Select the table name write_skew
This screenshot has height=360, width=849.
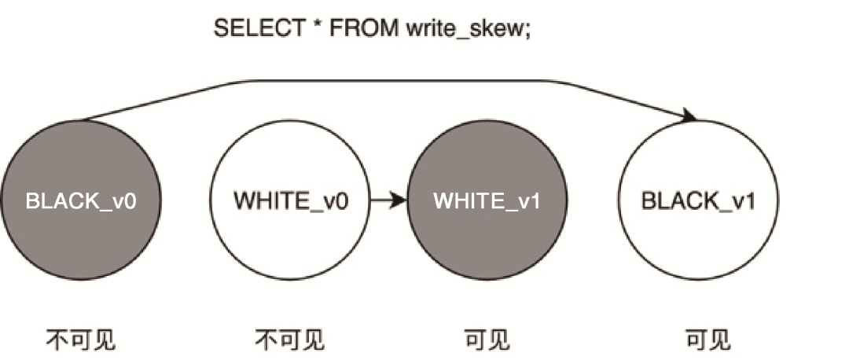click(463, 29)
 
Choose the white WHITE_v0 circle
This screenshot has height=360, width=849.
click(290, 236)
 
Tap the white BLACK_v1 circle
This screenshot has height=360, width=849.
click(698, 236)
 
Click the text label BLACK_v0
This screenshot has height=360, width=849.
click(81, 200)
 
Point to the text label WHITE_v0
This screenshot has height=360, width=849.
click(290, 200)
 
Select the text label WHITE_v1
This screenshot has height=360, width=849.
click(487, 200)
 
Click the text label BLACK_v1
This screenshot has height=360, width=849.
click(698, 200)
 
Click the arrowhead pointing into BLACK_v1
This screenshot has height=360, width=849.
click(689, 116)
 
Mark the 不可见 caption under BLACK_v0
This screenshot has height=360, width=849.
click(81, 340)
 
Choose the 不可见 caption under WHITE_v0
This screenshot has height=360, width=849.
click(289, 340)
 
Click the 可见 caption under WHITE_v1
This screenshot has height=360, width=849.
click(487, 340)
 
